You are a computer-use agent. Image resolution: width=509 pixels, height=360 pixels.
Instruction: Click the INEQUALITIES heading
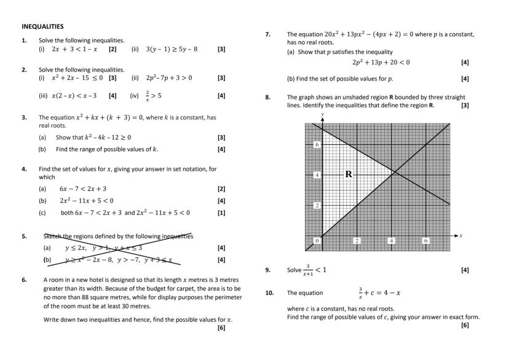42,26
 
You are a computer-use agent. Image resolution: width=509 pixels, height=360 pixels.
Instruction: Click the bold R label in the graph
348,174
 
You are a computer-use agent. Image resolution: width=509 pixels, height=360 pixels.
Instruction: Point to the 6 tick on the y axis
317,144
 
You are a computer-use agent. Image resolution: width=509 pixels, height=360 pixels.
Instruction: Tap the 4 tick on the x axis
391,241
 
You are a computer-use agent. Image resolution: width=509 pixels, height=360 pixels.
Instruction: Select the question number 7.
268,35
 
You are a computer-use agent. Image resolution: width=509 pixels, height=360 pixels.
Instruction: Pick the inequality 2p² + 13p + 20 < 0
381,62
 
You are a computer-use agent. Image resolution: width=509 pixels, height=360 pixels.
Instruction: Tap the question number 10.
269,293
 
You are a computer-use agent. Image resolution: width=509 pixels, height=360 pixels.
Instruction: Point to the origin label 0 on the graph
317,241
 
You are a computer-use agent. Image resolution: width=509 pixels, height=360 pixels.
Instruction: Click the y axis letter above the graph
322,115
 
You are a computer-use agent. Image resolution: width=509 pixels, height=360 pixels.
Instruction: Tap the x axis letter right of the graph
460,236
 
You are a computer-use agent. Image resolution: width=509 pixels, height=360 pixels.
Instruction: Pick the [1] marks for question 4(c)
221,213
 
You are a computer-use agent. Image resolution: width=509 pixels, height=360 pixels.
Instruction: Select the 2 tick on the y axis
317,205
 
